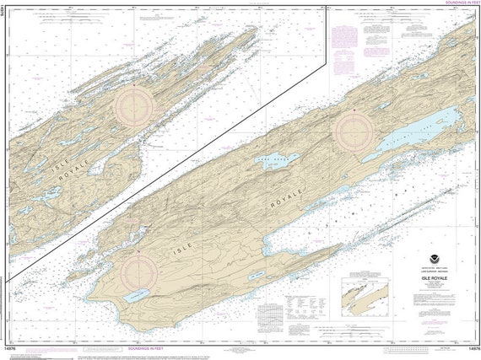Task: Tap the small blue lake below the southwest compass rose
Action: pyautogui.click(x=136, y=296)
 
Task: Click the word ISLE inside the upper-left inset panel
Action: pyautogui.click(x=62, y=169)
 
